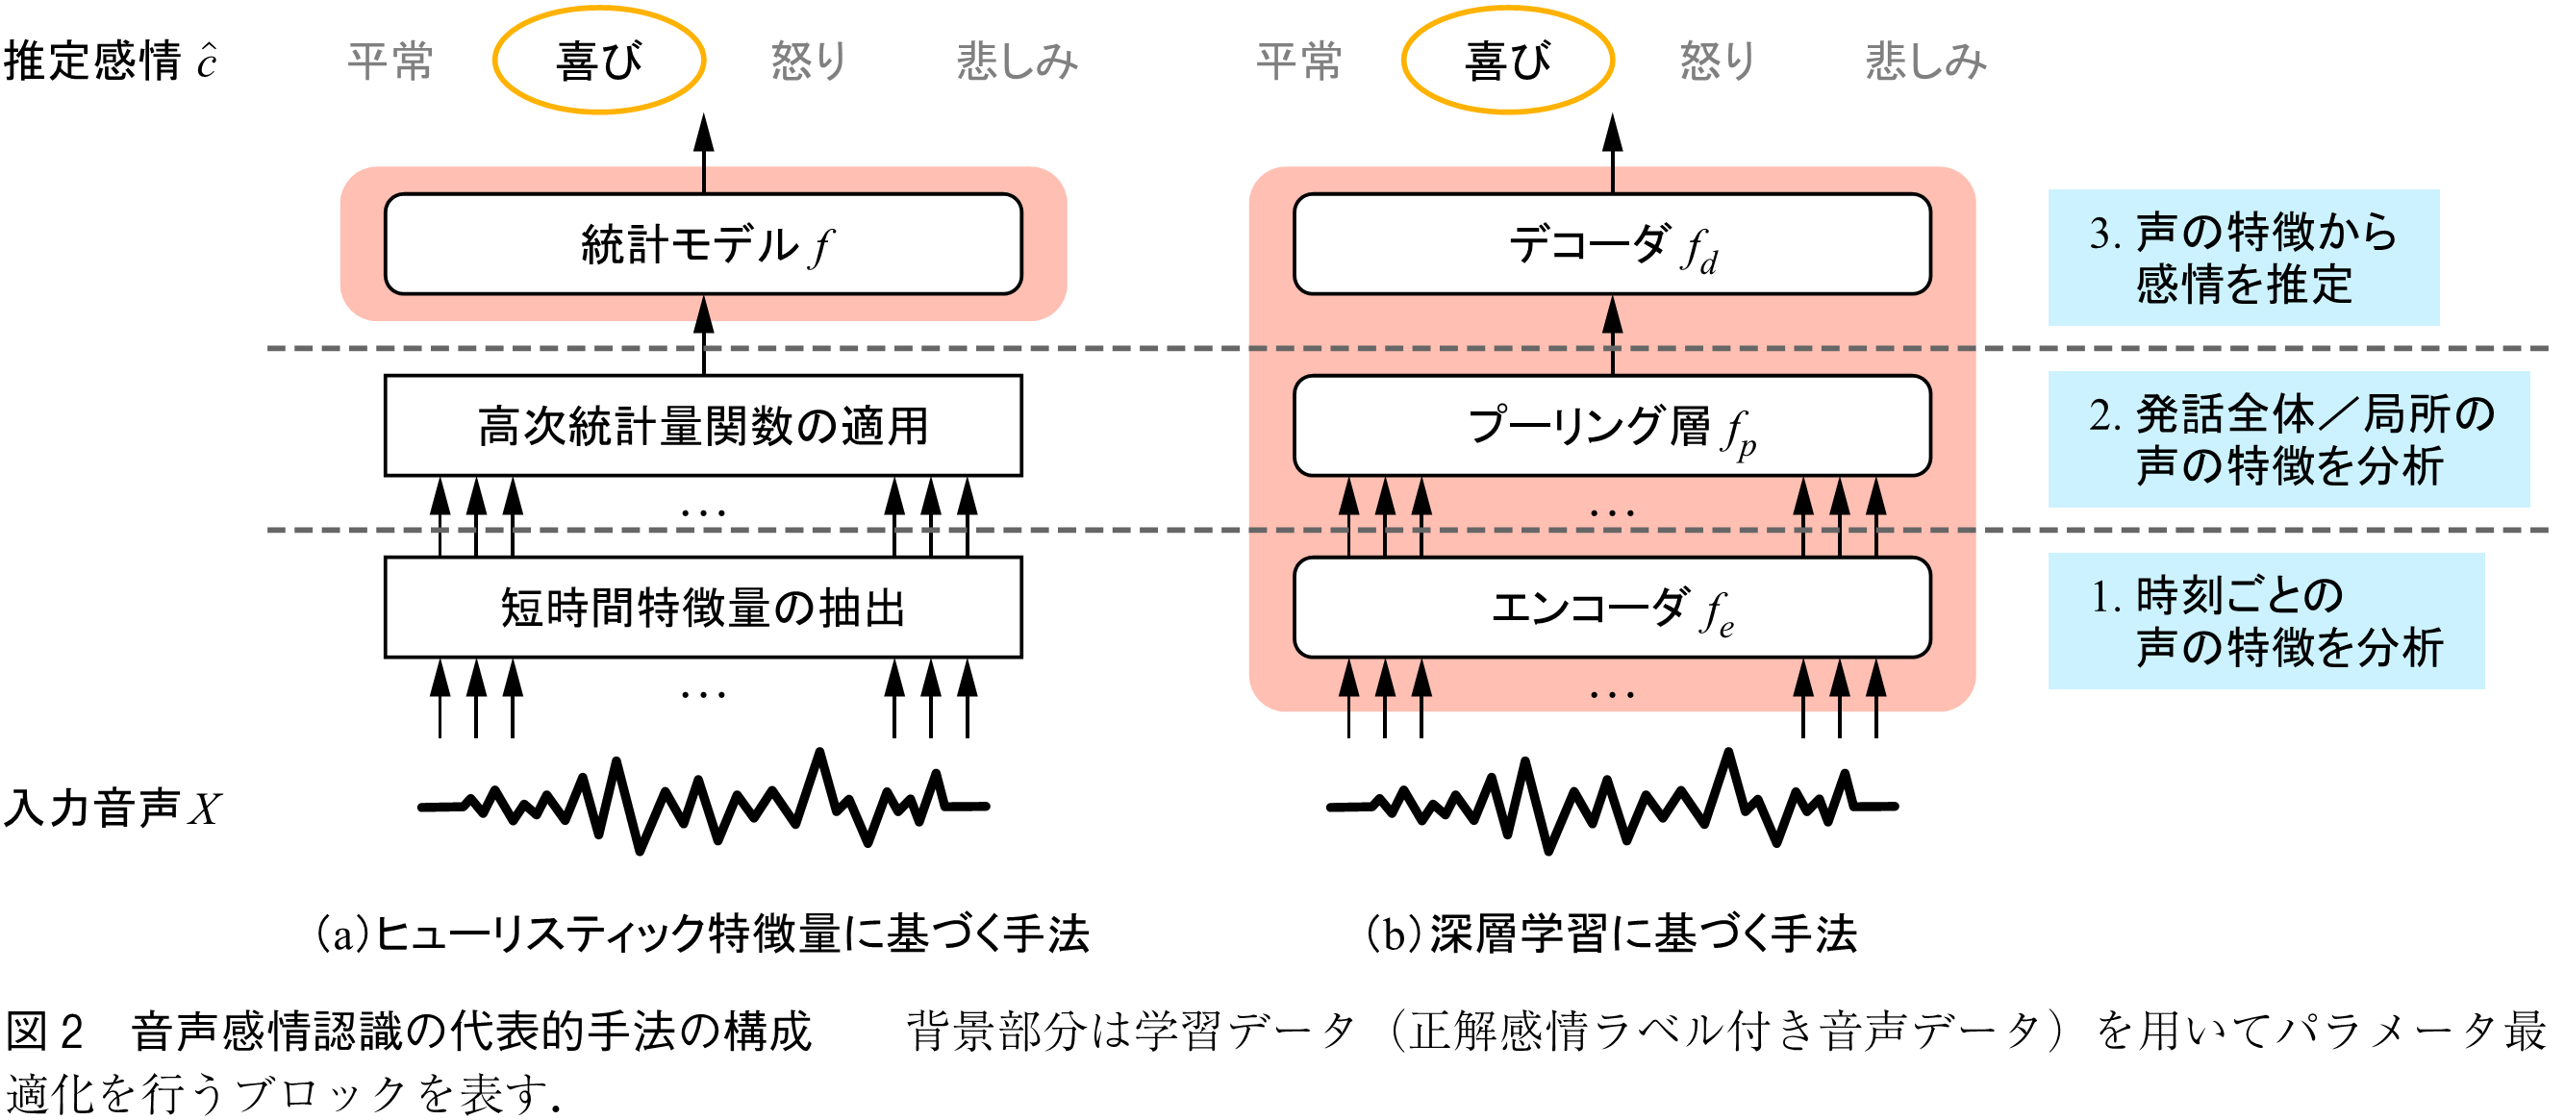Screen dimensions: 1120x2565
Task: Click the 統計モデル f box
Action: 703,244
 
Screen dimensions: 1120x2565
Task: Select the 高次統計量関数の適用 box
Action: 703,425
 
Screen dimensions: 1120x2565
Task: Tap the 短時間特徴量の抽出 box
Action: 703,608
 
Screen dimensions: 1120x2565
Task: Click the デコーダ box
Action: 1611,244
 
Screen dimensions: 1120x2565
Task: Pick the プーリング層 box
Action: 1611,425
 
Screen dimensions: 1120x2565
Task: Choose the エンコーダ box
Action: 1611,608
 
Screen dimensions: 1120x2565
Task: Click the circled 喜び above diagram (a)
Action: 599,61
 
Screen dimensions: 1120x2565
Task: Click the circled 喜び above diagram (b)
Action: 1507,61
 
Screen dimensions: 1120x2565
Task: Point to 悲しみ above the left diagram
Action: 1017,61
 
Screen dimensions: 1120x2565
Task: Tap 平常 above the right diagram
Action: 1298,61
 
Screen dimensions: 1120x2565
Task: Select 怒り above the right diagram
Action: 1717,61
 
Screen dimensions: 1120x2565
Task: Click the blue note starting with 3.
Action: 2243,258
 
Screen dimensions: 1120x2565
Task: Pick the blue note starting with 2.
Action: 2288,439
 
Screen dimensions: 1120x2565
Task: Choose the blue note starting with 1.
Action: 2265,620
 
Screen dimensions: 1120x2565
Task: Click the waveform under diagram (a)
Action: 703,803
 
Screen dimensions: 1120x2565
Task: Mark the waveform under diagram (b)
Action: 1611,803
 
